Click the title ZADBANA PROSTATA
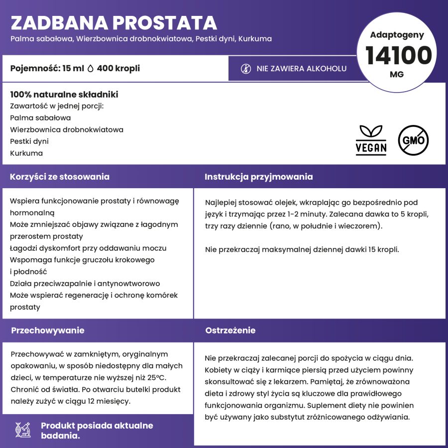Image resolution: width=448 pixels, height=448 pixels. tap(113, 23)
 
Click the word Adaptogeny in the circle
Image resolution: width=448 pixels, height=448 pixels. tap(397, 35)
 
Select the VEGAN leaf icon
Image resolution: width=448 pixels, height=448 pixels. tap(371, 140)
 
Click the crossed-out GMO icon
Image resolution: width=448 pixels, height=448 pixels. tap(413, 140)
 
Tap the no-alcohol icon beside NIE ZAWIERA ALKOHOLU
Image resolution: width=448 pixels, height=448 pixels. tap(246, 69)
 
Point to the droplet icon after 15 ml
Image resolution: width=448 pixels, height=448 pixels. tap(90, 69)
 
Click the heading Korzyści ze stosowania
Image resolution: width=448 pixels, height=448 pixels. tap(60, 177)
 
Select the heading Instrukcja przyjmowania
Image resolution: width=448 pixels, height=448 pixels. tap(259, 177)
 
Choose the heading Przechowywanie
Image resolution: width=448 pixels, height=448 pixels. tap(47, 331)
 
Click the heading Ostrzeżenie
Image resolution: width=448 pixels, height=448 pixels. tap(230, 331)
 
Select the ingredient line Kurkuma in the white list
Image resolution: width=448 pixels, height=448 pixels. tap(26, 153)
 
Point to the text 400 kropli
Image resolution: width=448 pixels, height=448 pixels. tap(118, 69)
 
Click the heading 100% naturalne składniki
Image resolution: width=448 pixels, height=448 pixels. tap(64, 95)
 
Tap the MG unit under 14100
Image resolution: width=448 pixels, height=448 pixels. tap(397, 74)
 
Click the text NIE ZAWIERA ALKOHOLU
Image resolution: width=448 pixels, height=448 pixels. tap(302, 69)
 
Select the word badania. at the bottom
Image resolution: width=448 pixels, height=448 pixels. tap(60, 436)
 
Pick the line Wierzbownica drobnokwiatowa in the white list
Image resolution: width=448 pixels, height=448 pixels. tap(67, 129)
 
